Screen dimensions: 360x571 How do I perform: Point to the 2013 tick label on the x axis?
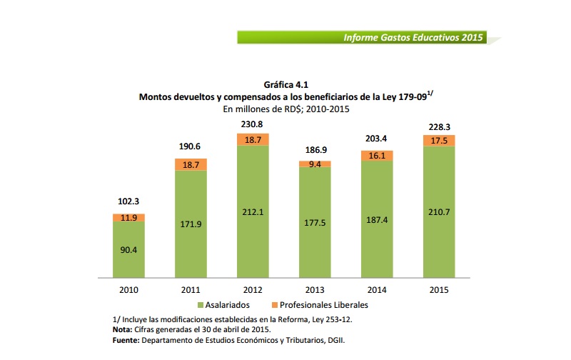coord(314,290)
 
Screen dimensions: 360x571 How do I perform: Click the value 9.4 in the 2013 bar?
coord(314,164)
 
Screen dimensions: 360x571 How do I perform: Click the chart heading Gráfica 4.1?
coord(285,85)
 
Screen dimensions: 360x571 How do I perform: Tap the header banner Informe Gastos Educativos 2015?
coord(413,36)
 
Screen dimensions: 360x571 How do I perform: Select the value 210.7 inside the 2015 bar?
coord(438,212)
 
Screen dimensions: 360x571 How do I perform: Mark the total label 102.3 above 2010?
coord(128,202)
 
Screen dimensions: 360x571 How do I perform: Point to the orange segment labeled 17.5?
coord(438,141)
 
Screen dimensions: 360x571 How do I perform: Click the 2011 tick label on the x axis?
coord(191,290)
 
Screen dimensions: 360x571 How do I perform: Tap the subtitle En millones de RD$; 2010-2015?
coord(286,109)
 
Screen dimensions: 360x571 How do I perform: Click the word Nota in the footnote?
coord(123,330)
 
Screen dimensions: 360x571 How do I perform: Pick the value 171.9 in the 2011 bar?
coord(191,224)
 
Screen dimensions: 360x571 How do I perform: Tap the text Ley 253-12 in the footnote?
coord(330,319)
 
